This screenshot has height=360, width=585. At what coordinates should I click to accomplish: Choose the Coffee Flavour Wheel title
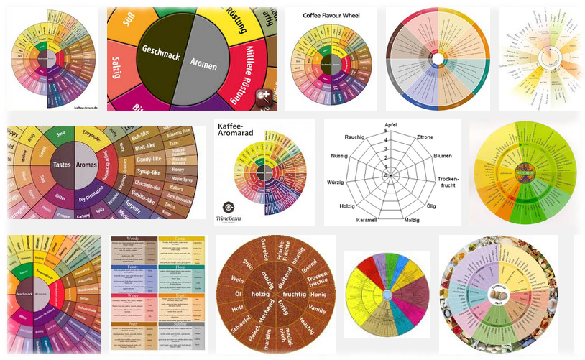[321, 15]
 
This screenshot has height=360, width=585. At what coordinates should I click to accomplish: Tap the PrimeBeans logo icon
[227, 204]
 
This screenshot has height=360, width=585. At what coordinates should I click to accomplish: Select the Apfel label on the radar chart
[391, 124]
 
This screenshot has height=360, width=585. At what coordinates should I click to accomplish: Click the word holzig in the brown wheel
[259, 294]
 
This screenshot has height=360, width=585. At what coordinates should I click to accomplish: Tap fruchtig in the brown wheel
[295, 294]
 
